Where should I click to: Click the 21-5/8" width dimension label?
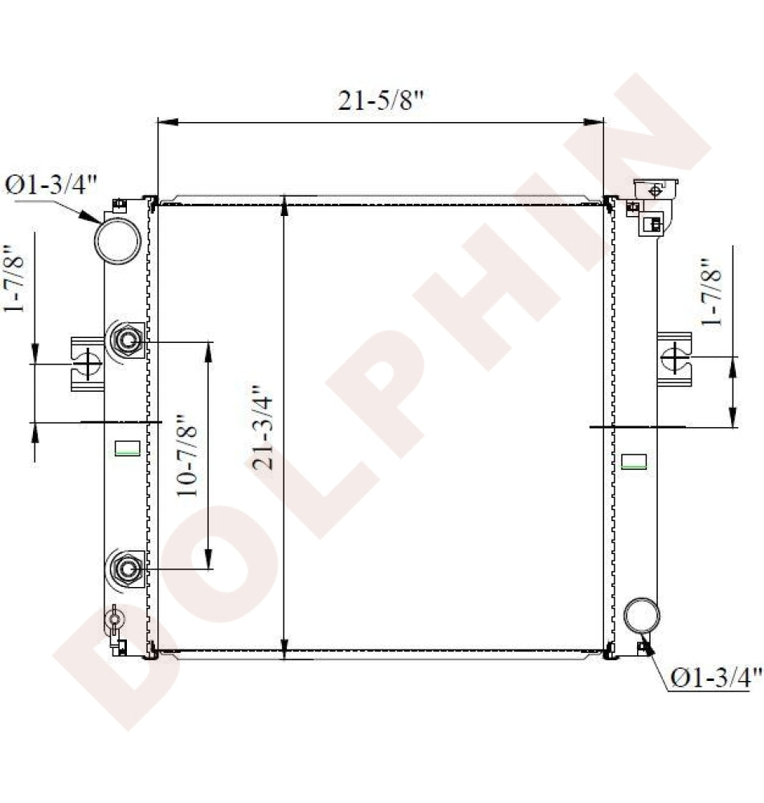point(381,100)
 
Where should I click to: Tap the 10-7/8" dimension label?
point(187,454)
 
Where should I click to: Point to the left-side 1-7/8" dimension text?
point(14,279)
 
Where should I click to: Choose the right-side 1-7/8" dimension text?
point(711,292)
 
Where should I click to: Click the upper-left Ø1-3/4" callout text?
point(51,185)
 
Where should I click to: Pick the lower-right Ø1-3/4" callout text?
point(717,678)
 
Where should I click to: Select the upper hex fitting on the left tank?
point(126,340)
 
